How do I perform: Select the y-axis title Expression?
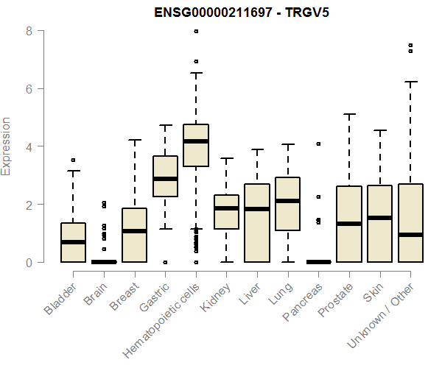[7, 146]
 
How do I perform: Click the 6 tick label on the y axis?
[28, 88]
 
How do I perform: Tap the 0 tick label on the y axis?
[28, 262]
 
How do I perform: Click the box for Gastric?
[165, 176]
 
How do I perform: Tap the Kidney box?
[226, 212]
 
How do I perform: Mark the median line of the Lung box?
[288, 201]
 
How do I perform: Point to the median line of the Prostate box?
[349, 224]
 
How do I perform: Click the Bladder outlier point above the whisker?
[73, 160]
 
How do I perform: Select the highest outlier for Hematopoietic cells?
[196, 31]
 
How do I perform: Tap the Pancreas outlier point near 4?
[318, 144]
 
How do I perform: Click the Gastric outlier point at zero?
[165, 262]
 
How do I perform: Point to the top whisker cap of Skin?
[380, 130]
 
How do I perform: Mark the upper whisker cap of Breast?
[134, 140]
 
